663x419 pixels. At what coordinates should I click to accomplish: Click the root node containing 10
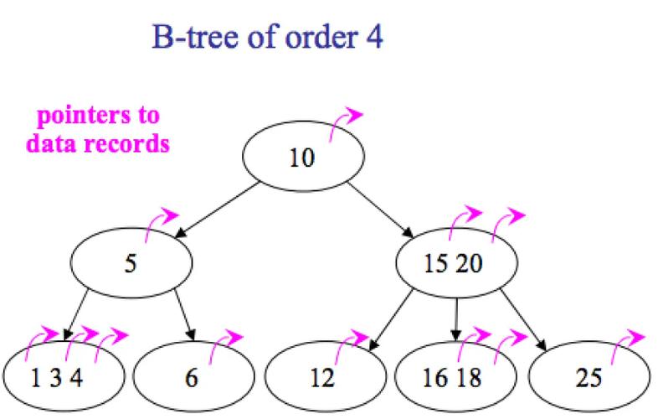coord(303,156)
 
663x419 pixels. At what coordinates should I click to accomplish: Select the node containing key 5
coord(131,263)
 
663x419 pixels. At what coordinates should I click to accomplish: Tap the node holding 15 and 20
coord(456,263)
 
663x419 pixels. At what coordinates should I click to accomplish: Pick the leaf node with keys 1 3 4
coord(64,376)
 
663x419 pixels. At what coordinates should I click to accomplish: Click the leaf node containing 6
coord(193,376)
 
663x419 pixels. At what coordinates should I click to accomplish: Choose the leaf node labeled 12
coord(325,376)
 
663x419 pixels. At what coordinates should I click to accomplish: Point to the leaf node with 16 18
coord(455,376)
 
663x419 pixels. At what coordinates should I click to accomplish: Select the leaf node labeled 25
coord(589,376)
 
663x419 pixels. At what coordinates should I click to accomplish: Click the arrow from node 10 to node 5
coord(217,210)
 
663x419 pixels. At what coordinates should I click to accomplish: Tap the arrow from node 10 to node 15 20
coord(380,210)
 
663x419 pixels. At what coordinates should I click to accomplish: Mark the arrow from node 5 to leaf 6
coord(185,315)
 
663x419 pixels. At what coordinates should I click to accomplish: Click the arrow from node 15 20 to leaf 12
coord(391,320)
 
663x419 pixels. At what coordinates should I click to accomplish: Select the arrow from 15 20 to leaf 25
coord(523,320)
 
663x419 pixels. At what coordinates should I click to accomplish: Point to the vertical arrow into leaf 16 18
coord(455,319)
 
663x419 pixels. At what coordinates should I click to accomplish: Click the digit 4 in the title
coord(373,37)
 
